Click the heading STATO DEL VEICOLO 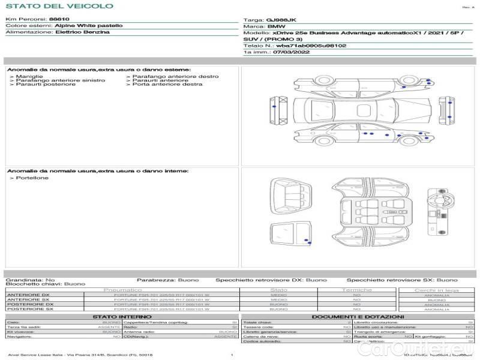59,6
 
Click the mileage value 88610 59,19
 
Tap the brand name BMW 276,27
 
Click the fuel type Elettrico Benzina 82,32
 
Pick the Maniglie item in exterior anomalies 29,76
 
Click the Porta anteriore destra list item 167,85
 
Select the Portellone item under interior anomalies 32,178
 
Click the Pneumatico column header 122,290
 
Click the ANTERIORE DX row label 28,295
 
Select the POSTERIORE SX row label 29,310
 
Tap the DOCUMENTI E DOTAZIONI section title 358,317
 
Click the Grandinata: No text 30,280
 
